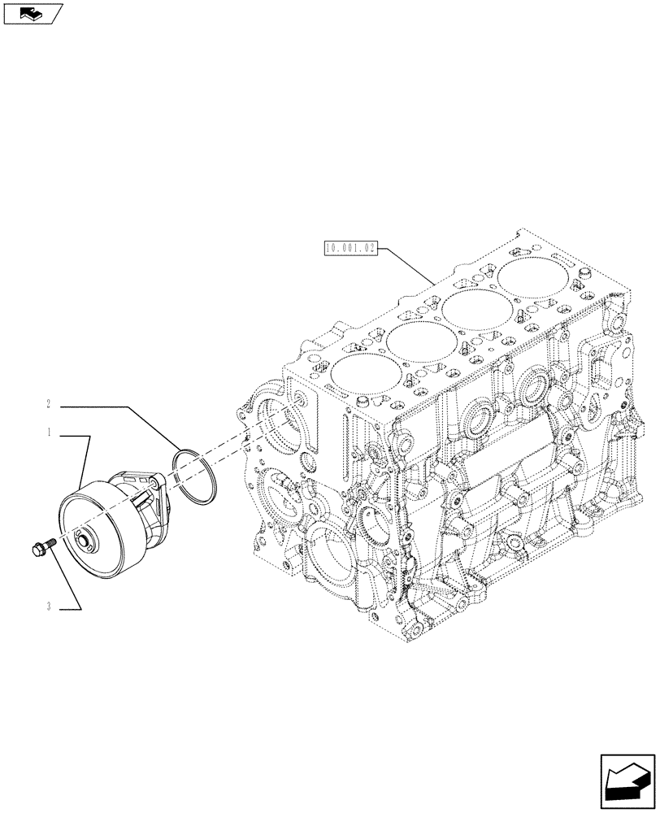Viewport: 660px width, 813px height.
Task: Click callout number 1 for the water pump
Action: tap(50, 434)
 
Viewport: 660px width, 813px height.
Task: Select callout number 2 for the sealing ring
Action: tap(50, 403)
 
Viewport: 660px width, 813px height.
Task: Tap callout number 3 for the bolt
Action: tap(50, 606)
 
